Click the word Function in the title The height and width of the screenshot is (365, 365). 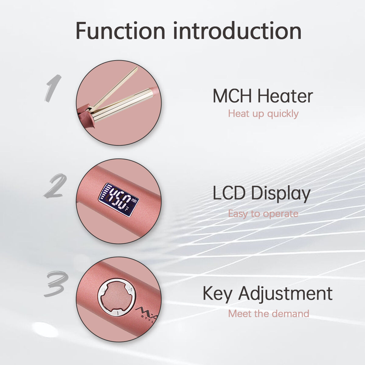[120, 30]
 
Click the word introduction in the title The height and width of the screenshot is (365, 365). [237, 30]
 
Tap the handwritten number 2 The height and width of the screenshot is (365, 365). [55, 186]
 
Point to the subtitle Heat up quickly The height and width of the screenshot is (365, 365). [263, 114]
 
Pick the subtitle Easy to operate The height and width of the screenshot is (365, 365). [263, 214]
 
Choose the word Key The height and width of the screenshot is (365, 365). [217, 294]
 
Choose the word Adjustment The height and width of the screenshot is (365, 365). [285, 294]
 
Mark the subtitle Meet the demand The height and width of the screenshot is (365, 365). [269, 313]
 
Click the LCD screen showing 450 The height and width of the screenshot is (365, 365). [118, 200]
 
